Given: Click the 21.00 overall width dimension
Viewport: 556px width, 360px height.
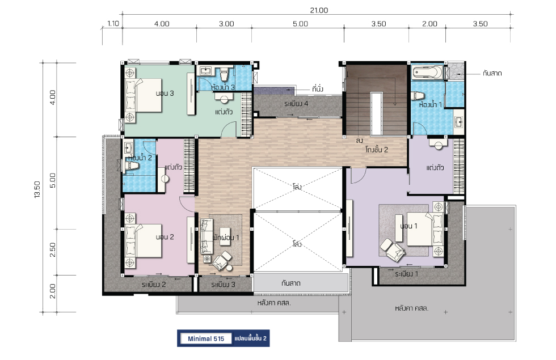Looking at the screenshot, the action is pos(319,10).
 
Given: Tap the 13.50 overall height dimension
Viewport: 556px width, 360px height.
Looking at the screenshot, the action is pos(37,189).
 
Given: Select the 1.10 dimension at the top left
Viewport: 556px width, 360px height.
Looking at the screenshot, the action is pos(113,24).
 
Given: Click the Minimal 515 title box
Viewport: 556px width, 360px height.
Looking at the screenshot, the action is pos(205,338).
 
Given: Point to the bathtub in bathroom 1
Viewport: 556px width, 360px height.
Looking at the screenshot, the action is pos(427,73).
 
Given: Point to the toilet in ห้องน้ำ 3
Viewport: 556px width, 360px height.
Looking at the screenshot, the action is pos(224,74).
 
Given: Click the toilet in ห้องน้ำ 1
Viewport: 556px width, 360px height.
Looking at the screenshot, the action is pos(418,96).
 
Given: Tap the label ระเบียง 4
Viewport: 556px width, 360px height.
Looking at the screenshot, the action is pos(296,104).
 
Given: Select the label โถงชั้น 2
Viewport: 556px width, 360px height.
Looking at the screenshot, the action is pos(377,150).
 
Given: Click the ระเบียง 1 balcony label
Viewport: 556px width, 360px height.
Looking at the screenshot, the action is pos(406,274).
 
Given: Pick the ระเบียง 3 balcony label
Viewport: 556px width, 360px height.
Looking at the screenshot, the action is pos(223,285).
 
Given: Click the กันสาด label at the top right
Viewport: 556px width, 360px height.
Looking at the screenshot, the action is pos(492,73).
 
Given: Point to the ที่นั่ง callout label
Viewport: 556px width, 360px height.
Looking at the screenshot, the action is pos(318,88).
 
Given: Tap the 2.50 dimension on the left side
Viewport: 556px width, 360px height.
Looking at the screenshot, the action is pos(52,250).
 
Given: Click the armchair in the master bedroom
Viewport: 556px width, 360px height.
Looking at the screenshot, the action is pos(393,249).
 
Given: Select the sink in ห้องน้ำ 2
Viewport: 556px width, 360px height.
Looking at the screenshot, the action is pos(128,147).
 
